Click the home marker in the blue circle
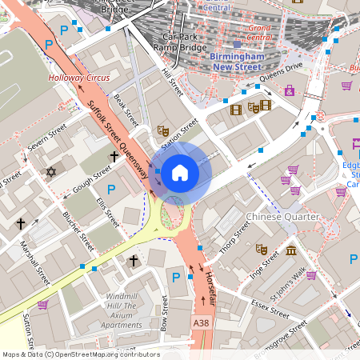coord(180,172)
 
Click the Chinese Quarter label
coord(282,217)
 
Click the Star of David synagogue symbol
coord(52,172)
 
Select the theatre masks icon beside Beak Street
coord(163,130)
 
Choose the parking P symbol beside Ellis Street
coord(111,190)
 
